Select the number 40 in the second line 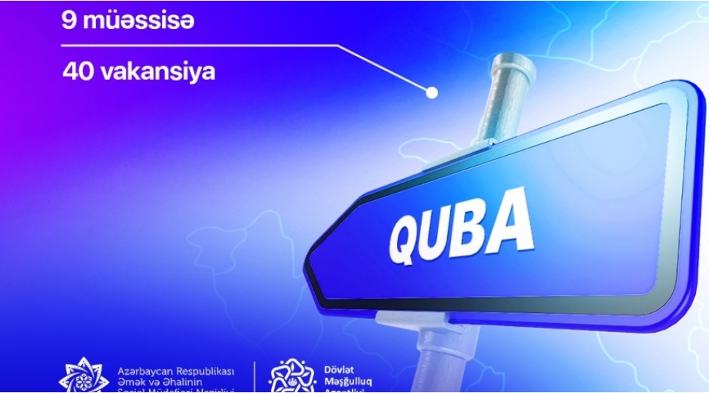[76, 72]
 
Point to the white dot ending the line [431, 93]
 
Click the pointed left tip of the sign [308, 271]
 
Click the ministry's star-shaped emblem [84, 377]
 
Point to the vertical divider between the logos [255, 377]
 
